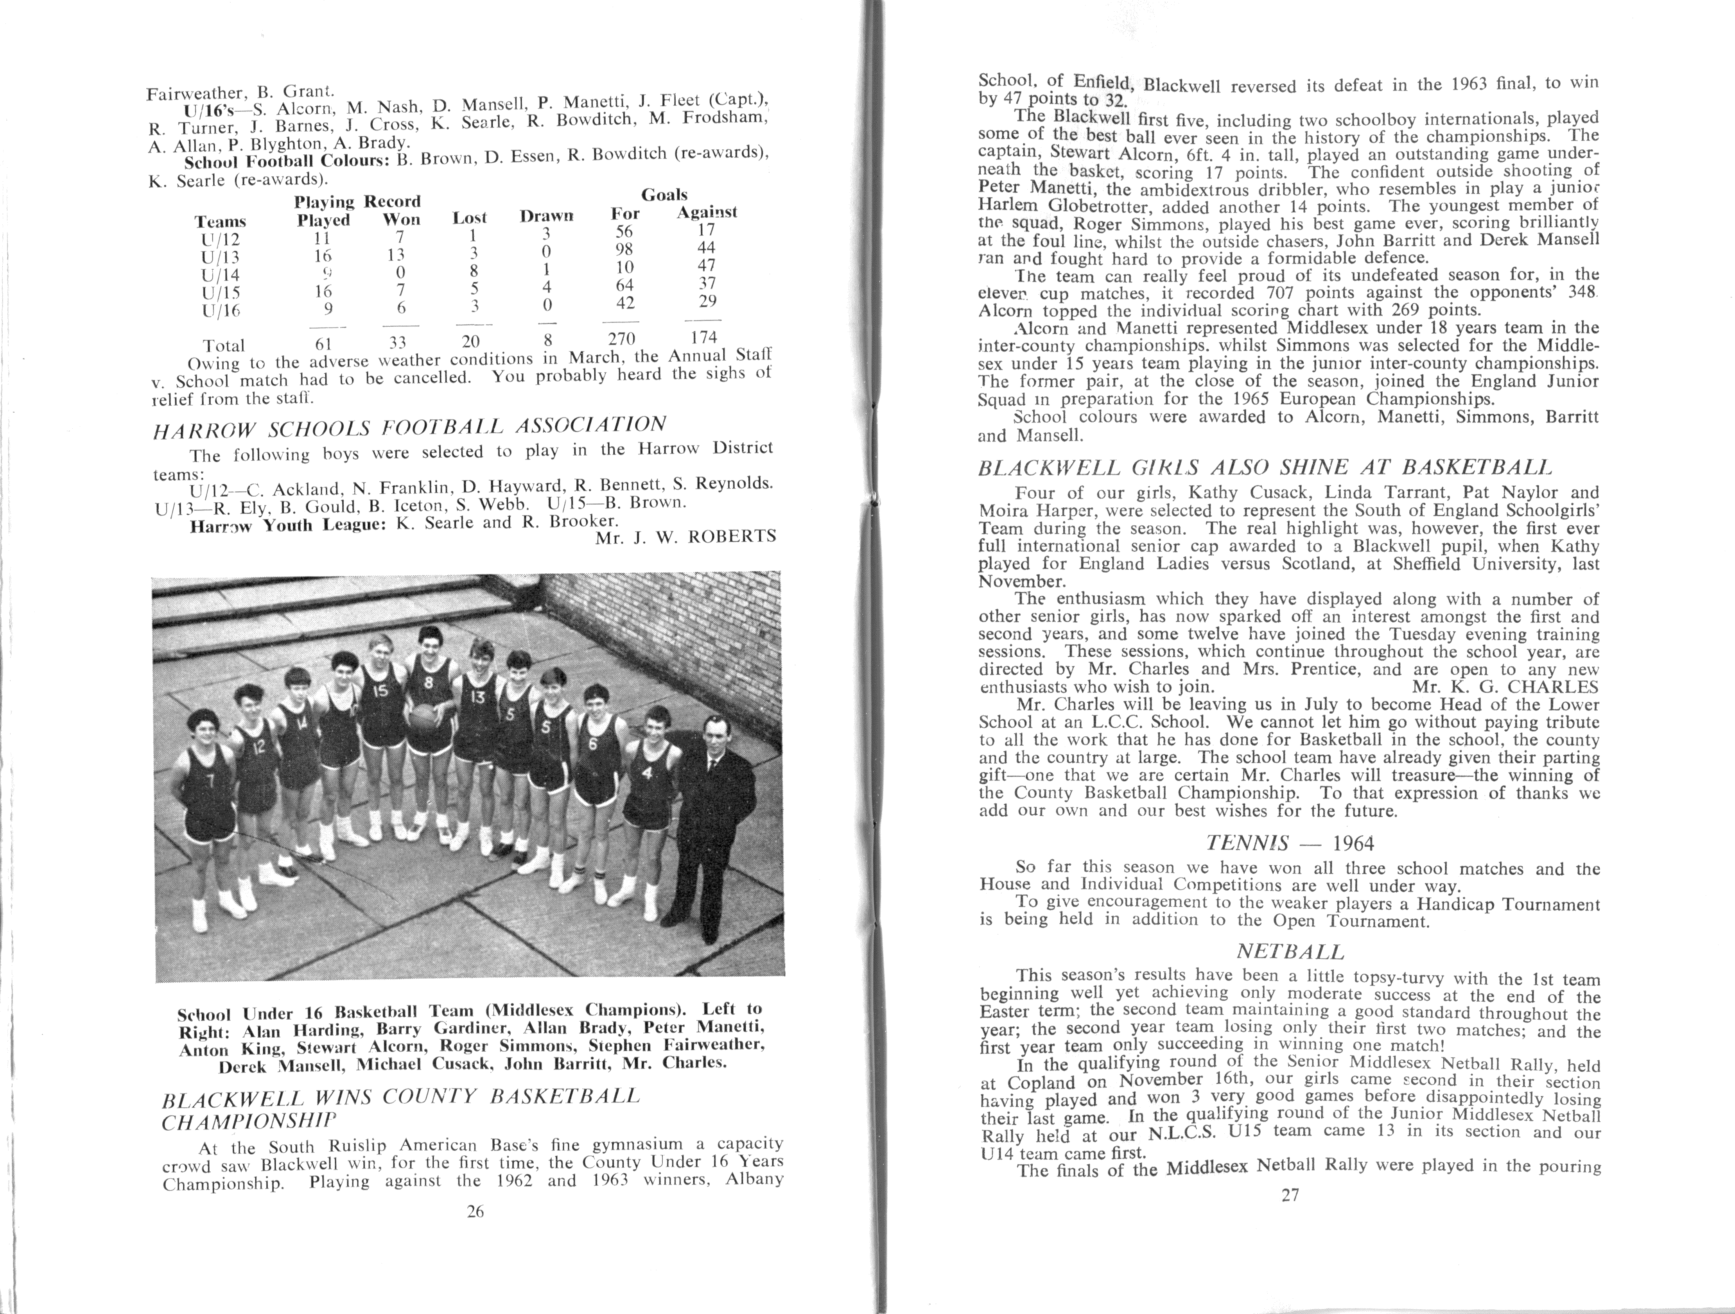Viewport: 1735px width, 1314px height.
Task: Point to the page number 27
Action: tap(1290, 1196)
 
